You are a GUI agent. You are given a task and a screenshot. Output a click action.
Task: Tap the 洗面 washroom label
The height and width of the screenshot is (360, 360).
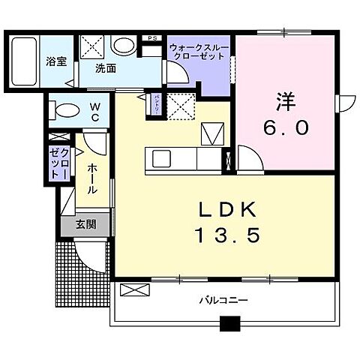(x=105, y=68)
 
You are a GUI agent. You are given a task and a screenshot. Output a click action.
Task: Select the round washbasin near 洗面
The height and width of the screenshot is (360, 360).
(x=122, y=46)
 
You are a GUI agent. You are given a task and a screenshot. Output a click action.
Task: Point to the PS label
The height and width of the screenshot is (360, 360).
(x=152, y=37)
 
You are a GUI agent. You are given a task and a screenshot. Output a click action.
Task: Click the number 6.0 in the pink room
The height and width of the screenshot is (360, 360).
(x=284, y=127)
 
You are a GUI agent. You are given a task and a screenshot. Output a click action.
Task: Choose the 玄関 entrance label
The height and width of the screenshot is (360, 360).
(x=85, y=223)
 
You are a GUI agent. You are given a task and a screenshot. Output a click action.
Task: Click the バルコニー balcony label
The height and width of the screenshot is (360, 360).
(x=223, y=300)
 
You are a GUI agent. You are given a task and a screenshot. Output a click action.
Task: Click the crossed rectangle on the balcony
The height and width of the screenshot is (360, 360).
(x=130, y=289)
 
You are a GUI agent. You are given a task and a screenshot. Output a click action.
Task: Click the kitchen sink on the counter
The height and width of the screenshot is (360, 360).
(x=161, y=159)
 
